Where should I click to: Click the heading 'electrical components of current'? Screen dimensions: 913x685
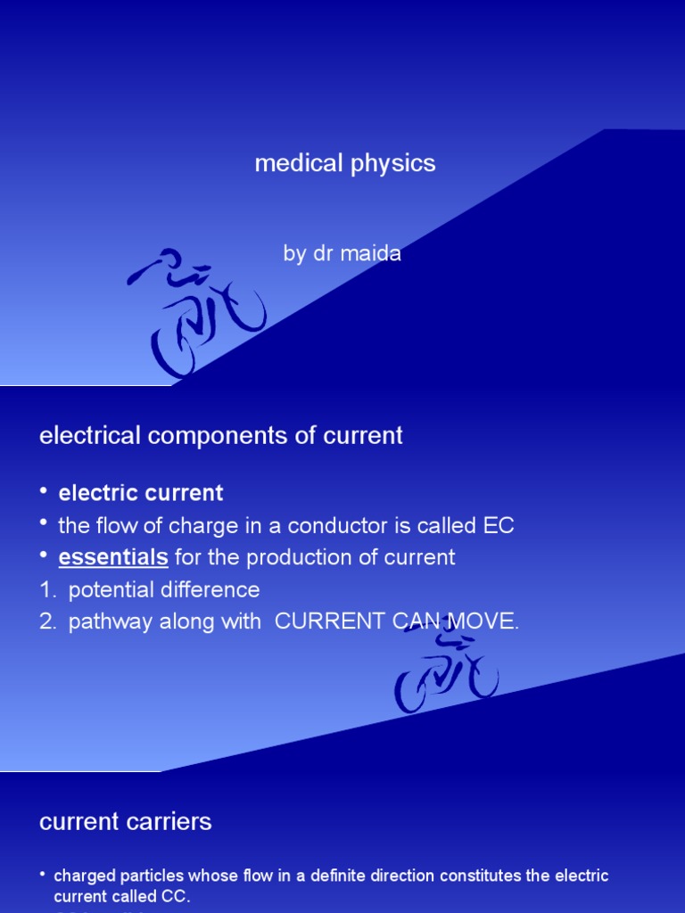pyautogui.click(x=221, y=435)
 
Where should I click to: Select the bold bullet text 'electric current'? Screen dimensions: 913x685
pyautogui.click(x=141, y=493)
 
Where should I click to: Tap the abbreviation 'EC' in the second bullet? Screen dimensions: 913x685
pyautogui.click(x=499, y=525)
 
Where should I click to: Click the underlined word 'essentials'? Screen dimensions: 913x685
pyautogui.click(x=113, y=557)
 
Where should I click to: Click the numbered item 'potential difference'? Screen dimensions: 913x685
pyautogui.click(x=164, y=589)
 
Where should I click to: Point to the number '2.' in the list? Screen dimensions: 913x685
pyautogui.click(x=48, y=621)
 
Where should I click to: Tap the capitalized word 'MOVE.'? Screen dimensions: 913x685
pyautogui.click(x=486, y=621)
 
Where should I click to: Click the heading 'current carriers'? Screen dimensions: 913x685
pyautogui.click(x=126, y=821)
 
